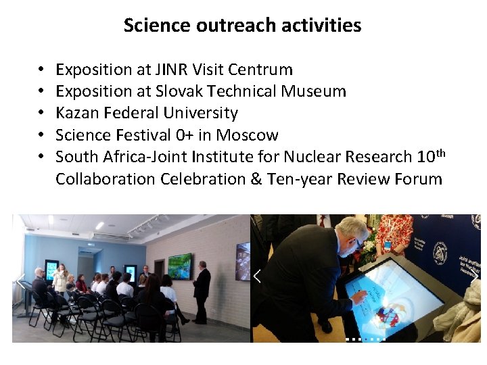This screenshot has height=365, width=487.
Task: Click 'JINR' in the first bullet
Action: [x=168, y=70]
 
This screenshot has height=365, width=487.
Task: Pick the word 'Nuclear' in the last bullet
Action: [x=307, y=157]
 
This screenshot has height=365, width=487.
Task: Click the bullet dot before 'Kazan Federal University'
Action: [x=41, y=113]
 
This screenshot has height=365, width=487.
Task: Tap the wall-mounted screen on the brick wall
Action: [x=180, y=266]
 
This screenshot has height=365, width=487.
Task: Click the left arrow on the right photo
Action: [x=257, y=276]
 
